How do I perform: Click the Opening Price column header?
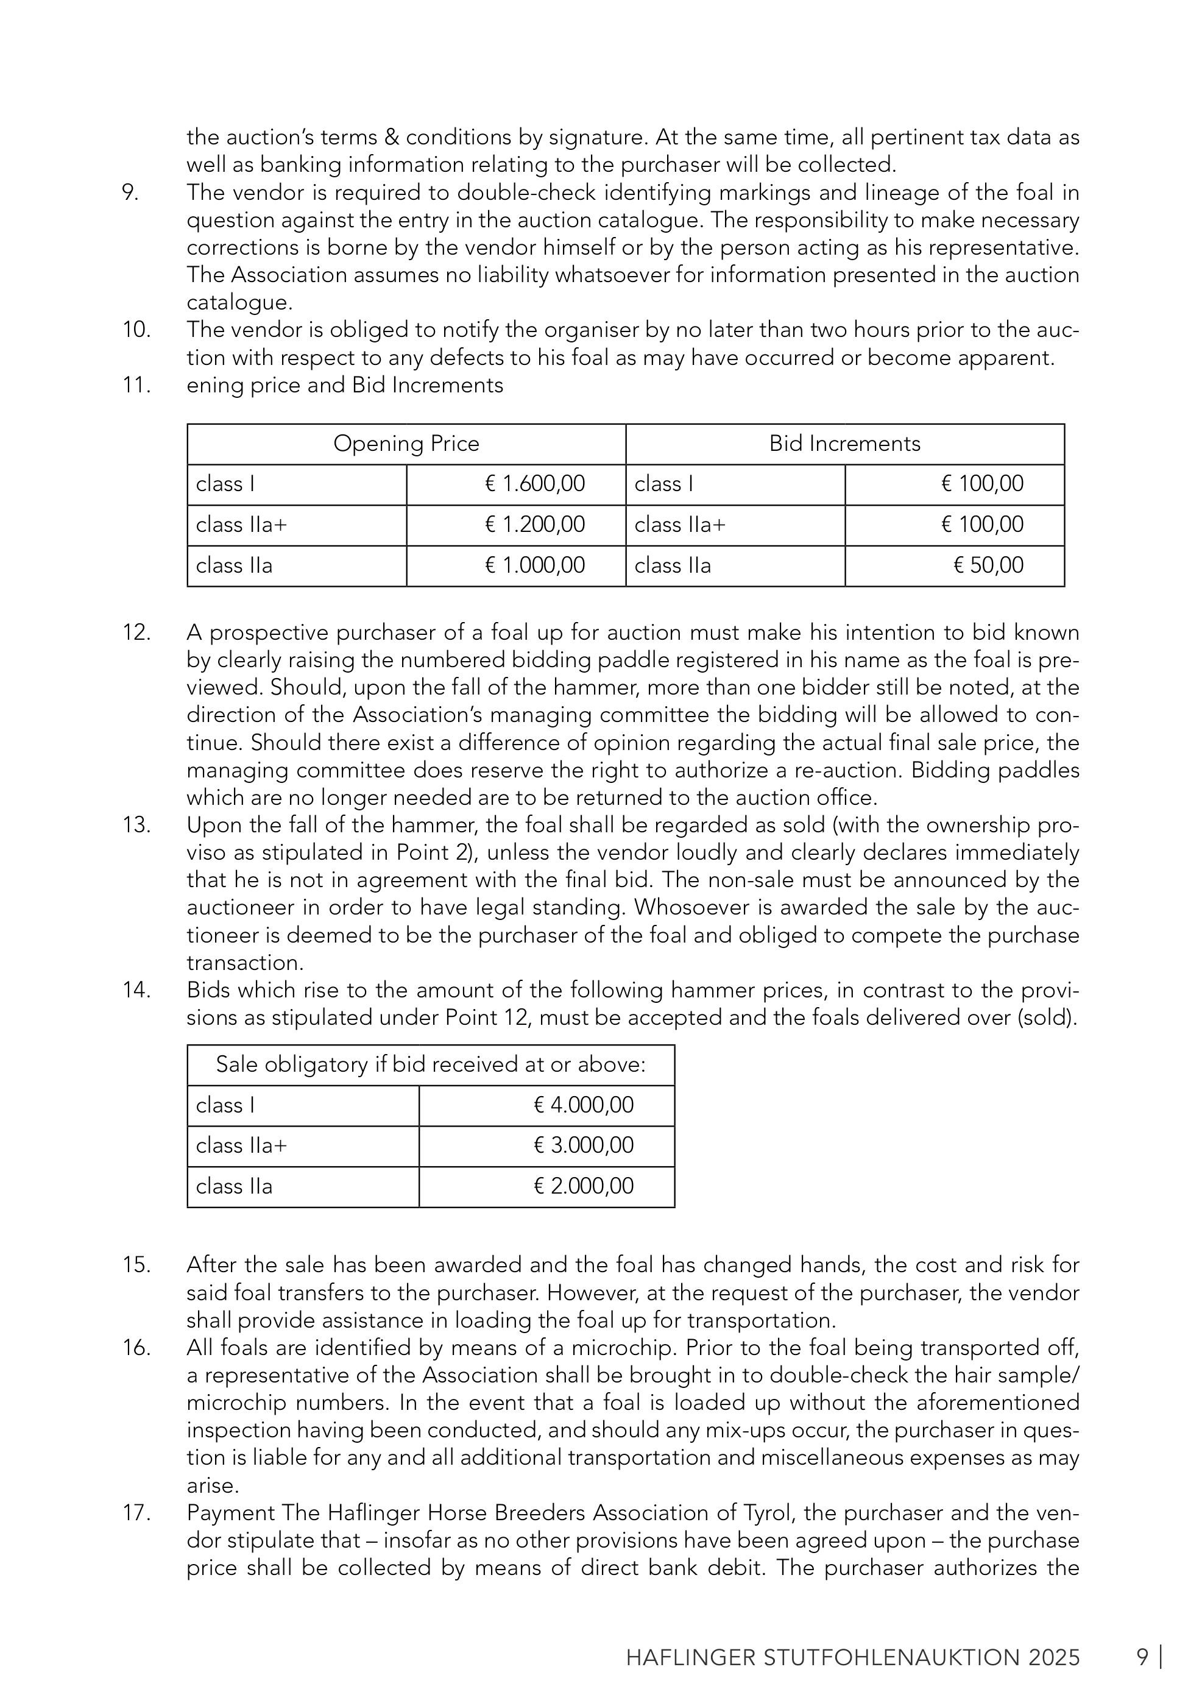[x=406, y=444]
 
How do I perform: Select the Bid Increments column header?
[x=844, y=444]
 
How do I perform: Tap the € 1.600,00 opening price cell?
[x=534, y=484]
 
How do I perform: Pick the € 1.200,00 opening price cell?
[x=534, y=525]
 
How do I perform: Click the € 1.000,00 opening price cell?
[x=534, y=565]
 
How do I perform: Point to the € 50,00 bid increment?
[x=988, y=565]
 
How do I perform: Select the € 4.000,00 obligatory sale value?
[x=583, y=1105]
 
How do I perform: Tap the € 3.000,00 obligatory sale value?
[x=583, y=1145]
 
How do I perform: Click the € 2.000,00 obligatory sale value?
[x=583, y=1185]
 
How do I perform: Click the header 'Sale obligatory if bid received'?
[x=430, y=1065]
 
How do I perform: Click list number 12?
[x=136, y=632]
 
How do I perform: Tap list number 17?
[x=136, y=1513]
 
